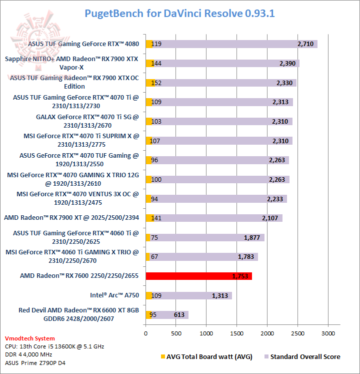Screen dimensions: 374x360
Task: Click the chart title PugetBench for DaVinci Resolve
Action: pyautogui.click(x=179, y=14)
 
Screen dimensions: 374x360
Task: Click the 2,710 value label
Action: pyautogui.click(x=305, y=44)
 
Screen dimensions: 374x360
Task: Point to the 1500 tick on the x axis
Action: pyautogui.click(x=237, y=332)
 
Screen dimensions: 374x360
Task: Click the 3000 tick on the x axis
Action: pyautogui.click(x=328, y=332)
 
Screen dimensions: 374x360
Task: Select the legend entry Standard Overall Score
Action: pyautogui.click(x=305, y=356)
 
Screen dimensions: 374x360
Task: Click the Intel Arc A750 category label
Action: pyautogui.click(x=114, y=295)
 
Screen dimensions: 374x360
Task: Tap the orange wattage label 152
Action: pyautogui.click(x=156, y=83)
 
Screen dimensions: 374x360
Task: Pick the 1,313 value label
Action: pyautogui.click(x=220, y=295)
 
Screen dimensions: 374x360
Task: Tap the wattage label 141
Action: pyautogui.click(x=156, y=218)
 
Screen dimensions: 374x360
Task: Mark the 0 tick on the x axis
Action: pyautogui.click(x=146, y=332)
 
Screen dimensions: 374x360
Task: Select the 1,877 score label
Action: pyautogui.click(x=252, y=237)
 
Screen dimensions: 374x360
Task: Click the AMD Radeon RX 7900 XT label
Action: pyautogui.click(x=71, y=218)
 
